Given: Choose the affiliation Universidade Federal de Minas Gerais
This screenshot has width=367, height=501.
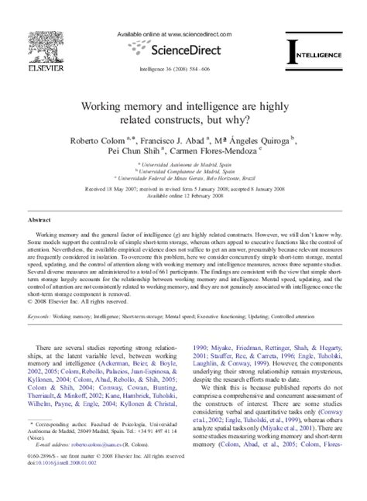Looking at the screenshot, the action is pyautogui.click(x=183, y=177).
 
